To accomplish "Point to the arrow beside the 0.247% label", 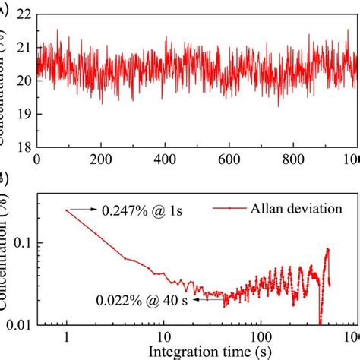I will (x=83, y=210).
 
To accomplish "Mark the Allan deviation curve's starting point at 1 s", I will (x=67, y=210).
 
